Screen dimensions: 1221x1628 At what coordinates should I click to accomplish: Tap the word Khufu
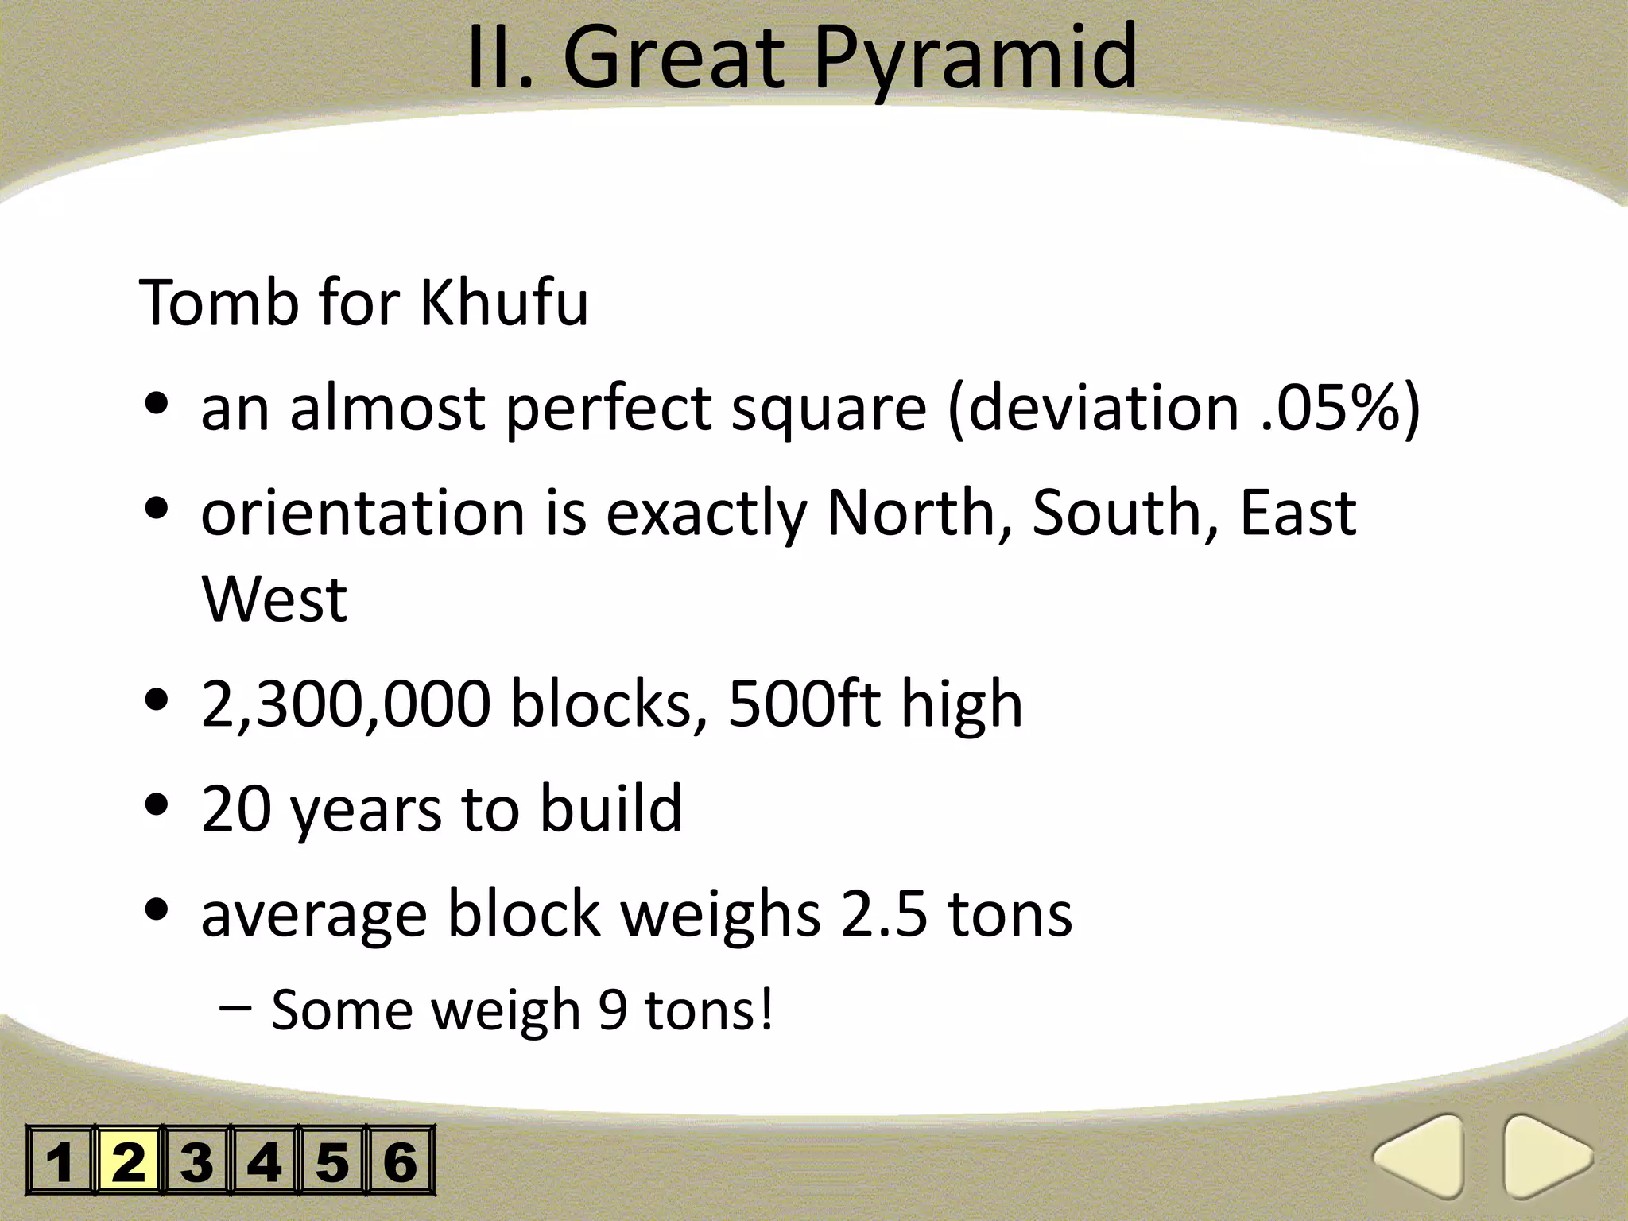(x=504, y=303)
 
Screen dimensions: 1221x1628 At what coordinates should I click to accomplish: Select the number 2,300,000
(x=345, y=704)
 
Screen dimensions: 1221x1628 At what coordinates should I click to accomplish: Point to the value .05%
(x=1331, y=408)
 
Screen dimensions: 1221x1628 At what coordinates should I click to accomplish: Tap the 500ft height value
(x=804, y=704)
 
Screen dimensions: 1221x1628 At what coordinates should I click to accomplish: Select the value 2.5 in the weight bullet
(x=884, y=914)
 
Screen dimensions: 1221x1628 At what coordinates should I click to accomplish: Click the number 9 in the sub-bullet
(x=613, y=1010)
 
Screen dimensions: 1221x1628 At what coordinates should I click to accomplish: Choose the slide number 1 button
(x=60, y=1161)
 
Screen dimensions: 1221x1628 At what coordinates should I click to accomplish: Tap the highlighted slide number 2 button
(x=129, y=1161)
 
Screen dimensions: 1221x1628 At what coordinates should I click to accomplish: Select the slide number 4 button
(x=264, y=1161)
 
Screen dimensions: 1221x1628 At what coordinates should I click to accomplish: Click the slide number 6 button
(x=400, y=1161)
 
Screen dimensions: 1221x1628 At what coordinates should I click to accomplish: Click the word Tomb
(x=219, y=303)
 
